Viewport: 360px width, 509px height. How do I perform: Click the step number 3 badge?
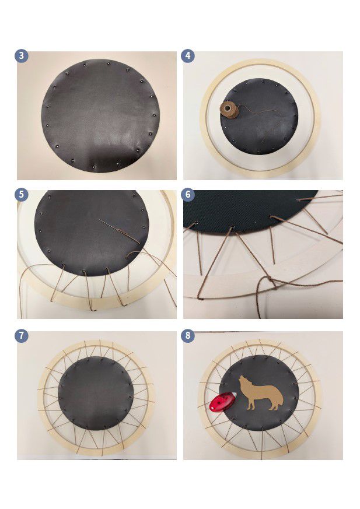pyautogui.click(x=22, y=56)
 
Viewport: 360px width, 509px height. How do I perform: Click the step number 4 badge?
pyautogui.click(x=188, y=56)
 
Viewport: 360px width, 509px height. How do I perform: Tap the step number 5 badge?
pyautogui.click(x=22, y=194)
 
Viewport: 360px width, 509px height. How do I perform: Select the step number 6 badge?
pyautogui.click(x=188, y=194)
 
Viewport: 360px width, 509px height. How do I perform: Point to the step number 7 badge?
pyautogui.click(x=22, y=335)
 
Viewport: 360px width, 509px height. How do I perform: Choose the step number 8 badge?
pyautogui.click(x=188, y=335)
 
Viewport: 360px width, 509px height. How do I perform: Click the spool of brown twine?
pyautogui.click(x=229, y=109)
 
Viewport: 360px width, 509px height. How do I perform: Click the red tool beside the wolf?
pyautogui.click(x=223, y=401)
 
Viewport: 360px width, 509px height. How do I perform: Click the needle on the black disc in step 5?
pyautogui.click(x=119, y=231)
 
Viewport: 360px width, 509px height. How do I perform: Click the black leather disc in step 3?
pyautogui.click(x=100, y=115)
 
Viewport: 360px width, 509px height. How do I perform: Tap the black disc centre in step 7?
pyautogui.click(x=95, y=393)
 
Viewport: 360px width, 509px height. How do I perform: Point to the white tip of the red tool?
pyautogui.click(x=233, y=395)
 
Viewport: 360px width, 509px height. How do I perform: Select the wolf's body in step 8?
pyautogui.click(x=262, y=393)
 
